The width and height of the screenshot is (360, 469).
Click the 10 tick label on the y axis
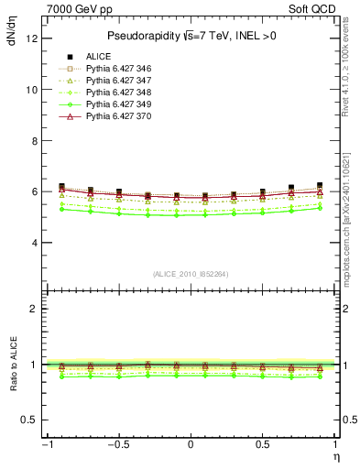coord(32,90)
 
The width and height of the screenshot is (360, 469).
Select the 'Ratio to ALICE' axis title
coord(12,364)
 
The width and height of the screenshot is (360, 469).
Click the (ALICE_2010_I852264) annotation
coord(190,274)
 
